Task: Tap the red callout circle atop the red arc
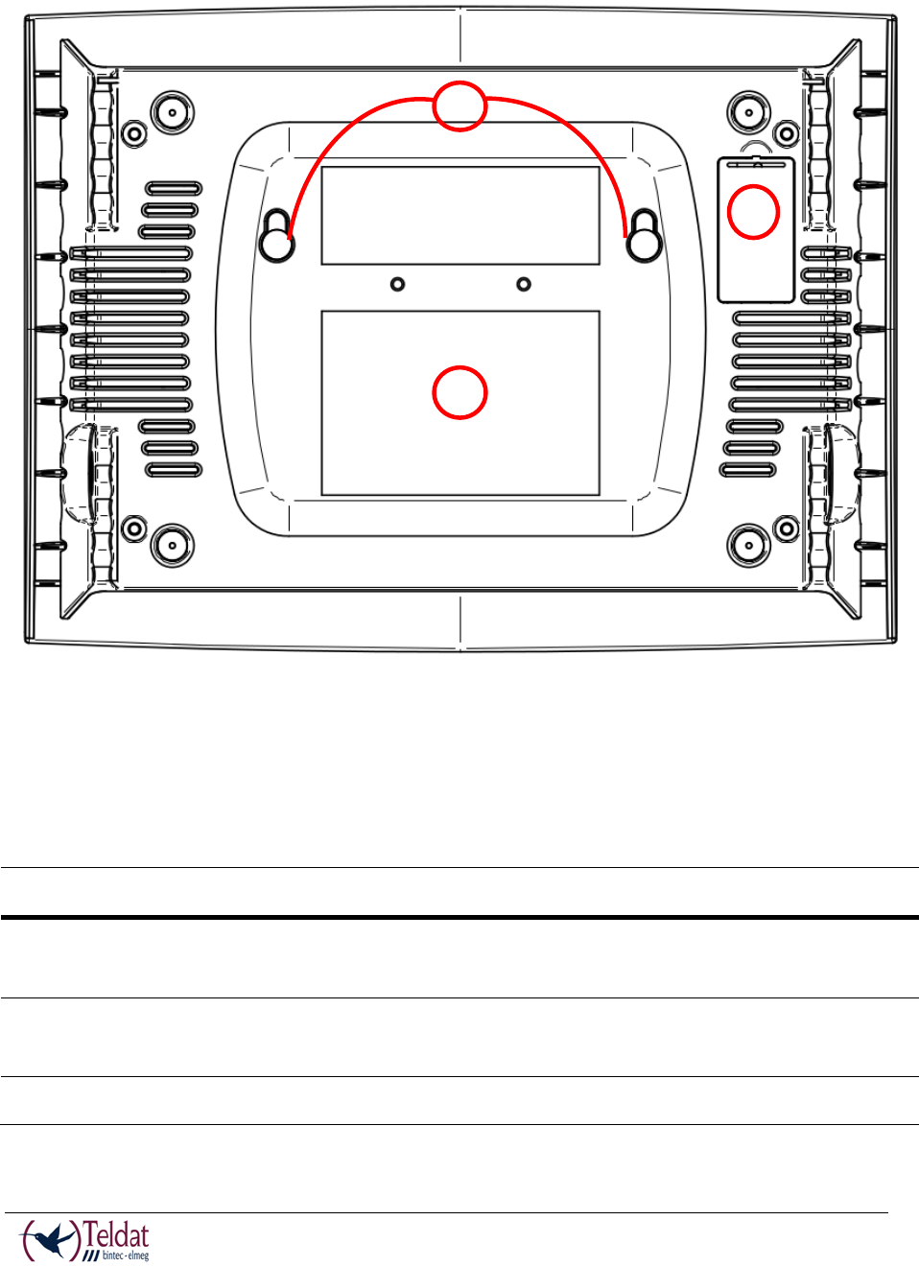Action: click(x=459, y=106)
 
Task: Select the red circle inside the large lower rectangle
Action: click(x=459, y=392)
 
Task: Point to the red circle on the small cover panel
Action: click(x=753, y=212)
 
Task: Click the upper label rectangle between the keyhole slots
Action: click(x=459, y=216)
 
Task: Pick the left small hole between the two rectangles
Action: click(x=397, y=284)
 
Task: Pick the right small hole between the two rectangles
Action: click(x=524, y=284)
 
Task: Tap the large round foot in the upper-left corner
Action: click(x=172, y=112)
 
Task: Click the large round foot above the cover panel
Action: click(x=748, y=112)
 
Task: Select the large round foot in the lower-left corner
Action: click(x=172, y=545)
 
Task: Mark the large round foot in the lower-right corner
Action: click(x=748, y=545)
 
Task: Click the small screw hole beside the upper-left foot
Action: click(x=134, y=133)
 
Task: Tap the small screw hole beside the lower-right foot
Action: click(x=787, y=528)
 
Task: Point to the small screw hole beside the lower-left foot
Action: click(x=134, y=528)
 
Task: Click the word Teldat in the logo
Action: click(x=116, y=1234)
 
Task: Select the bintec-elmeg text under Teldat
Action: click(x=125, y=1255)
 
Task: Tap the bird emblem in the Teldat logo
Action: click(x=53, y=1240)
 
